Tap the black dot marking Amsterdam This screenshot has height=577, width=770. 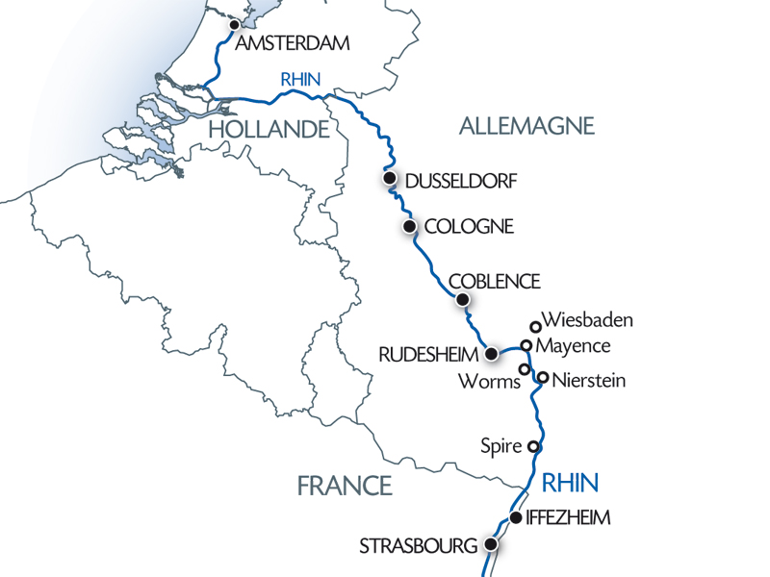234,27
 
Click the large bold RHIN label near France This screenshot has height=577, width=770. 570,482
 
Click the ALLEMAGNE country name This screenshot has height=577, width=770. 526,125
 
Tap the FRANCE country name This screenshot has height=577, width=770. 345,486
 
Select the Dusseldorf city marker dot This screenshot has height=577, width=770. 389,179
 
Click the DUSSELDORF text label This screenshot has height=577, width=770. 462,181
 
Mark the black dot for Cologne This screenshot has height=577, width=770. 409,227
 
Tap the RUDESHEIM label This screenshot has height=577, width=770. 429,354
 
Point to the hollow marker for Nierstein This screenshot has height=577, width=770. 543,378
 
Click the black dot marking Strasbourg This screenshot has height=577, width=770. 491,544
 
